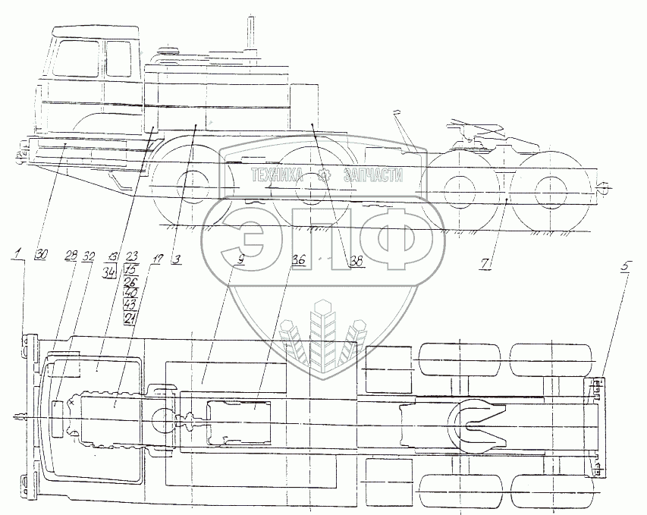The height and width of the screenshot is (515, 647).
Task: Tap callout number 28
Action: pyautogui.click(x=71, y=256)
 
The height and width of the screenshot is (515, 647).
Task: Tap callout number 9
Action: pyautogui.click(x=240, y=259)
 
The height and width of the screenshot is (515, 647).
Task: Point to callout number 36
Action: pyautogui.click(x=298, y=260)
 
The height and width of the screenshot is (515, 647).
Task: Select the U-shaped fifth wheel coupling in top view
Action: pyautogui.click(x=476, y=424)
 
